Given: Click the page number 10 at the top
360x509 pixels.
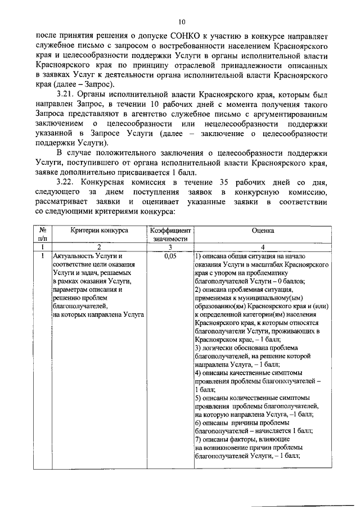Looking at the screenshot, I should click(181, 22).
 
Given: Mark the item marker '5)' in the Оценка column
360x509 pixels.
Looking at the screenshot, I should click(198, 398).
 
